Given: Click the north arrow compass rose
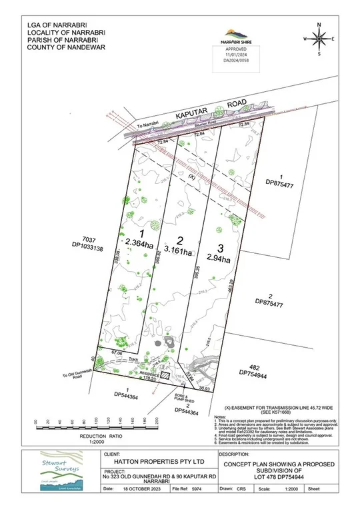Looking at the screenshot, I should (x=319, y=39).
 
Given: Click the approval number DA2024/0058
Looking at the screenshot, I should (x=235, y=59).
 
